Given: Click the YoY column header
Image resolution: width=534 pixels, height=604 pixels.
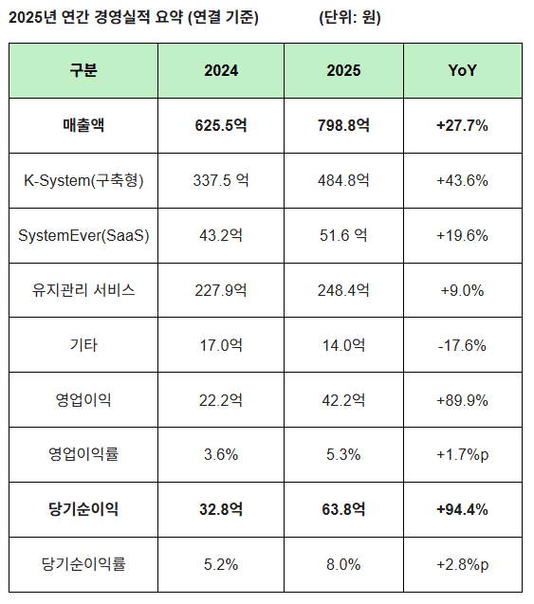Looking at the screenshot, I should tap(463, 71).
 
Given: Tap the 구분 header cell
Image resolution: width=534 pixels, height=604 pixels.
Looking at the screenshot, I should tap(83, 71).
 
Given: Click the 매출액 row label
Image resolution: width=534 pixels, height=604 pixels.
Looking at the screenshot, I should tap(83, 125).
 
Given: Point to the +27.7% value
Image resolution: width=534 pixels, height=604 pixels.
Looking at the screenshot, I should tap(463, 125).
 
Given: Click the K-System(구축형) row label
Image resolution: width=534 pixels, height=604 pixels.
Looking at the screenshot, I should tap(83, 180).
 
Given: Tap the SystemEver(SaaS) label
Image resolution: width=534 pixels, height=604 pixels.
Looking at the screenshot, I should tap(83, 235).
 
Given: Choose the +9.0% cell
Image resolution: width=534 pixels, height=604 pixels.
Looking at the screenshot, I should tap(463, 290).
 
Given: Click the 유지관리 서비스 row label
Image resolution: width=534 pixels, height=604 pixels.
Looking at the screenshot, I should tap(83, 290).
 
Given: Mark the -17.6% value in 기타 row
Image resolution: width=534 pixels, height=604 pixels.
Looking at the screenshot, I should tap(463, 345).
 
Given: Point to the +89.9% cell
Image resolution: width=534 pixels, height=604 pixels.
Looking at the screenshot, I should tap(463, 400).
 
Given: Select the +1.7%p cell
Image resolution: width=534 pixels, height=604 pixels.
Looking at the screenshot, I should tap(463, 454).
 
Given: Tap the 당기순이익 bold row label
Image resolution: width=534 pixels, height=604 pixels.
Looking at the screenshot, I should tap(83, 509).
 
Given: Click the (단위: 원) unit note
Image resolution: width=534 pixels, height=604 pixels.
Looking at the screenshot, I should tap(350, 17).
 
